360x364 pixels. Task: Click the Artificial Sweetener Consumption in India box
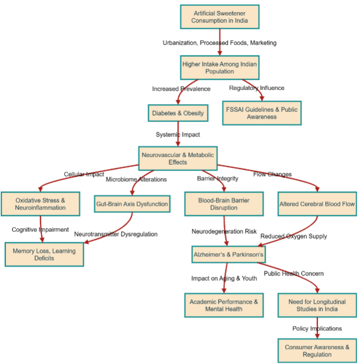[219, 17]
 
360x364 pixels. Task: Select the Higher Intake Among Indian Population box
[219, 68]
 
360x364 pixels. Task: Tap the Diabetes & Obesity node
[178, 113]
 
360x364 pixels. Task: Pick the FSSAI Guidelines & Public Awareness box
[262, 113]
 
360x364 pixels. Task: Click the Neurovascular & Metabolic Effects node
[178, 158]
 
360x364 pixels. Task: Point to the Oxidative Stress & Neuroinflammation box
[41, 204]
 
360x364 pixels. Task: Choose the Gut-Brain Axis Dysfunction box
[132, 204]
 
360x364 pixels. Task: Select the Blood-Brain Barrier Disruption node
[224, 204]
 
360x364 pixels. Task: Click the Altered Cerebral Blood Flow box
[317, 204]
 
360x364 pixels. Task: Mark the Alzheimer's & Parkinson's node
[228, 255]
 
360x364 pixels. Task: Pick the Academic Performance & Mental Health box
[223, 305]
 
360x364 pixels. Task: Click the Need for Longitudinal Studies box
[317, 305]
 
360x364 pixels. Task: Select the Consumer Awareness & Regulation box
[317, 350]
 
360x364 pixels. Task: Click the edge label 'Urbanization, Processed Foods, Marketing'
[219, 43]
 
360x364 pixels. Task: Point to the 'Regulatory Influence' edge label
[257, 88]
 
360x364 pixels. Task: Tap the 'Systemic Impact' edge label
[178, 134]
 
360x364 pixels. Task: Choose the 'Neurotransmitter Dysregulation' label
[116, 234]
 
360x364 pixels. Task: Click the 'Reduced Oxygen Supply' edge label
[293, 236]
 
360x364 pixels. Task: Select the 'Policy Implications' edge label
[317, 328]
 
